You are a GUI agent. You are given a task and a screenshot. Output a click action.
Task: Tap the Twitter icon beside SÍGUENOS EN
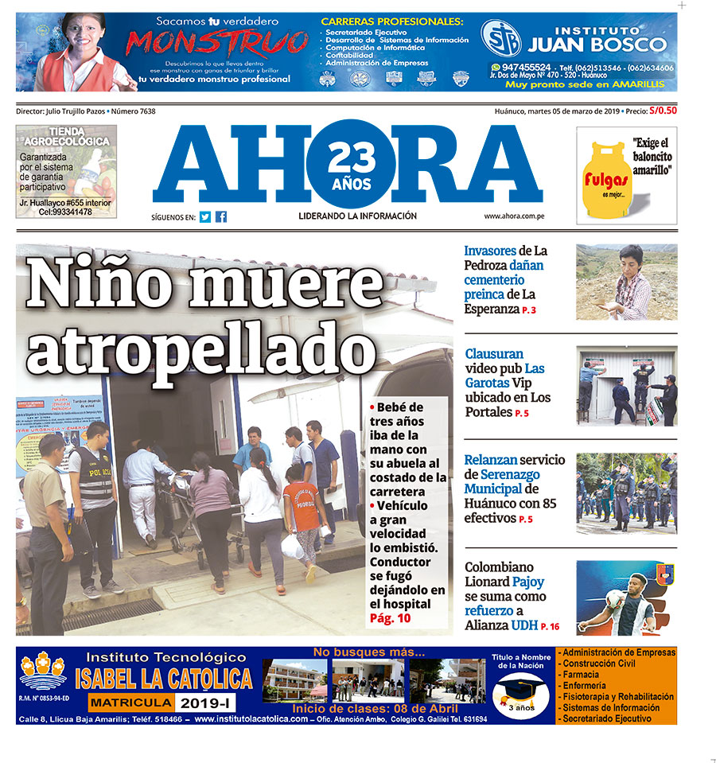(205, 216)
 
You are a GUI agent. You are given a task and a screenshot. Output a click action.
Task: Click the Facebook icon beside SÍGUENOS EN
(221, 216)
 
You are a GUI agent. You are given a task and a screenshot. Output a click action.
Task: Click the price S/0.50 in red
(663, 111)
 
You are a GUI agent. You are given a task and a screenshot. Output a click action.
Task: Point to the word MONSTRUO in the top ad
(217, 43)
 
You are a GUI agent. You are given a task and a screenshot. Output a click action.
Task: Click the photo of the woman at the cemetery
(626, 282)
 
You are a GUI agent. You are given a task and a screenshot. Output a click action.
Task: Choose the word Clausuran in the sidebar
(494, 354)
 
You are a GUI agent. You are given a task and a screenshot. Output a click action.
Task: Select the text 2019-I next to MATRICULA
(204, 703)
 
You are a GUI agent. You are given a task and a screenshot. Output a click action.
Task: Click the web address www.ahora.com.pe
(513, 216)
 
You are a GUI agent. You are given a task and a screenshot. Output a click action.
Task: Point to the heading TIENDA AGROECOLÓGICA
(68, 136)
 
